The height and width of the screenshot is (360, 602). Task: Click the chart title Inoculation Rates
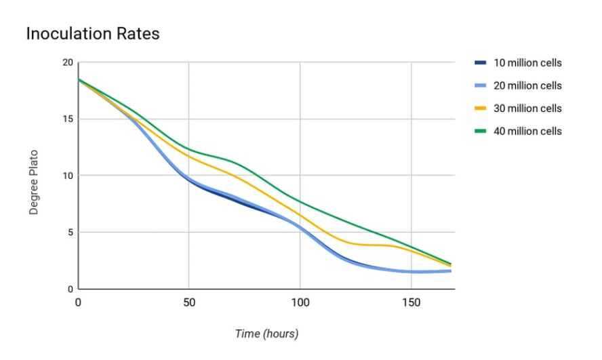tap(93, 33)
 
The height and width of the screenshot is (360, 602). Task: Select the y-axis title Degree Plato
tap(33, 182)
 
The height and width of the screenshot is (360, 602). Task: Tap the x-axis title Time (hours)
tap(266, 334)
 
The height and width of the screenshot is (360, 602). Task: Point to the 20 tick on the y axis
tap(67, 62)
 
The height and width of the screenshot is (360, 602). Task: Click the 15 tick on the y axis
tap(67, 119)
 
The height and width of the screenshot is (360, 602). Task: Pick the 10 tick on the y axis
tap(67, 176)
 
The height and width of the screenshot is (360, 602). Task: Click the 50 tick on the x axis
tap(188, 302)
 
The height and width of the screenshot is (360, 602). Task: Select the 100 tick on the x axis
tap(300, 302)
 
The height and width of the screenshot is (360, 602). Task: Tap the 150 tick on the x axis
tap(410, 302)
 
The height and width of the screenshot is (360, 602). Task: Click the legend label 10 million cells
tap(527, 63)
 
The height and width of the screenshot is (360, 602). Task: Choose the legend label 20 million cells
tap(527, 85)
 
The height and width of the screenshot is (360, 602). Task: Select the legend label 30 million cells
tap(527, 108)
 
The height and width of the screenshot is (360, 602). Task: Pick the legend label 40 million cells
tap(527, 131)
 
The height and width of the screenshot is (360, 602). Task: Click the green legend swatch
tap(480, 131)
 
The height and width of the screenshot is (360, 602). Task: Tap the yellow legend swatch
tap(480, 108)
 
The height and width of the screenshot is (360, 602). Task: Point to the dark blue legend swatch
tap(480, 63)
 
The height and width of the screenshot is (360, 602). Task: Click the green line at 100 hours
tap(300, 201)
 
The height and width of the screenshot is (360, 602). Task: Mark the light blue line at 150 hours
tap(410, 271)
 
